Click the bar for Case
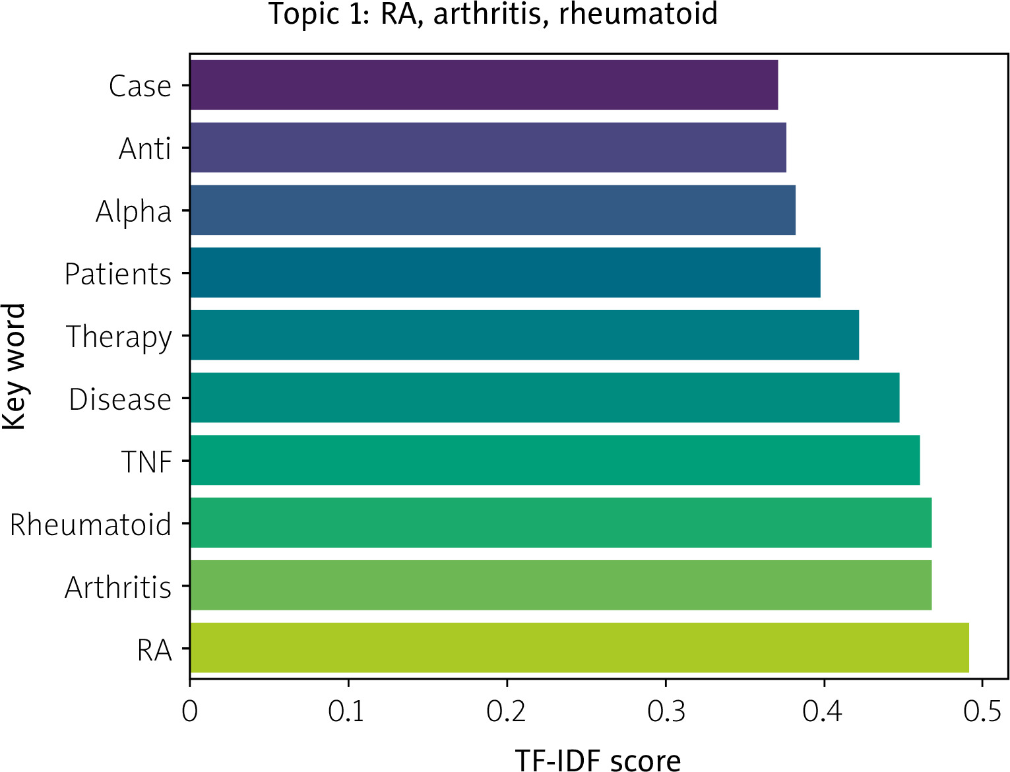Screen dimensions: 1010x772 coord(484,85)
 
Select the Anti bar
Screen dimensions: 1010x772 coord(488,148)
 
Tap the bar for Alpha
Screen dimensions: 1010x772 coord(493,210)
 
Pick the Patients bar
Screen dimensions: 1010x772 coord(505,273)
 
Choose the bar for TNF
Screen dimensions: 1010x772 coord(555,461)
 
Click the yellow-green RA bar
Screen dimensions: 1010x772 coord(580,648)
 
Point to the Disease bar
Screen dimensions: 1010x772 coord(545,398)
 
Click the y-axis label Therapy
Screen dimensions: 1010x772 coord(119,337)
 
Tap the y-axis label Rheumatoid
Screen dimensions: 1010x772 coord(90,524)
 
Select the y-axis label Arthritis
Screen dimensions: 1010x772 coord(118,587)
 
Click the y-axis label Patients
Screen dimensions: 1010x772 coord(118,274)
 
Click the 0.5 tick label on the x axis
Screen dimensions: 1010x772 coord(982,711)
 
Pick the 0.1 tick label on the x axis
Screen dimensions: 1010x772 coord(346,711)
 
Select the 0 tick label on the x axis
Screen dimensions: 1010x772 coord(189,711)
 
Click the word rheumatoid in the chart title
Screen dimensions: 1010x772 coord(638,14)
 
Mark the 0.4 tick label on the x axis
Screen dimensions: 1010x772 coord(822,711)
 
